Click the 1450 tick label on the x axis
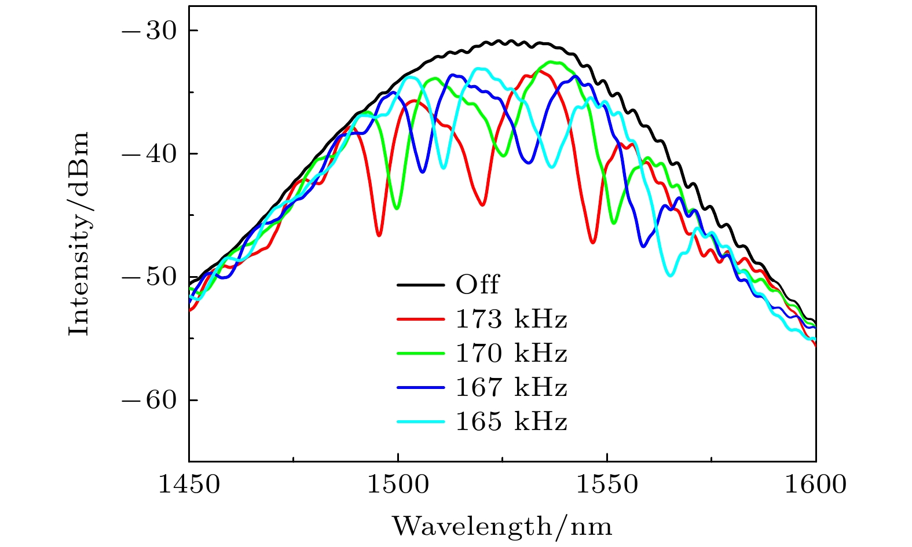(189, 484)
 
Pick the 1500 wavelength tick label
(398, 484)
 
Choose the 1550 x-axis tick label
(607, 484)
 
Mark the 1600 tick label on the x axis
(815, 484)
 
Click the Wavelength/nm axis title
(502, 526)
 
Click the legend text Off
(477, 285)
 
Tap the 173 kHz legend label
(511, 319)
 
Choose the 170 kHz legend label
(511, 353)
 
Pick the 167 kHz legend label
(511, 387)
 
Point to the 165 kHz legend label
(511, 421)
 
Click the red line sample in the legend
(421, 319)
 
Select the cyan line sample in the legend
(421, 421)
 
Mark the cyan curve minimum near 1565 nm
(671, 275)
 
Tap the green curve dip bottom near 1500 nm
(397, 208)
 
